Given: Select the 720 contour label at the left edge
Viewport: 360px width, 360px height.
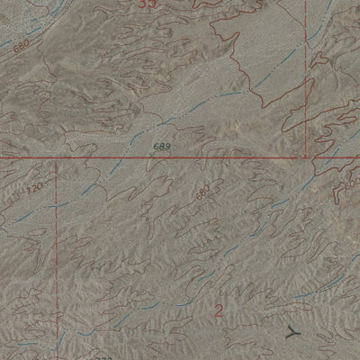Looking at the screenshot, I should click(x=34, y=192).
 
